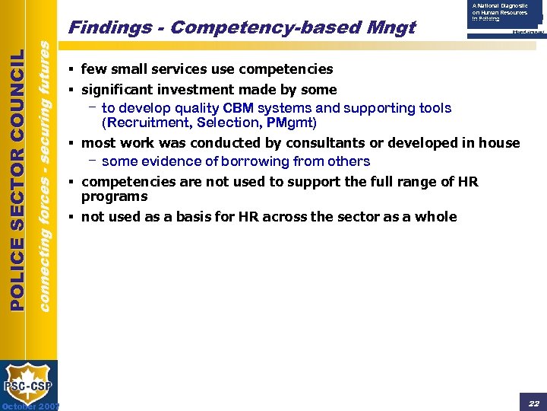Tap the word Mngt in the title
392,28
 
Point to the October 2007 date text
30,406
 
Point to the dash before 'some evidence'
91,161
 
